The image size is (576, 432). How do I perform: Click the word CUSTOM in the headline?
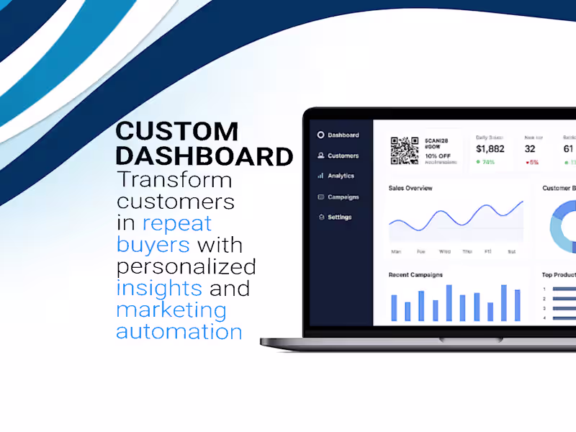[176, 132]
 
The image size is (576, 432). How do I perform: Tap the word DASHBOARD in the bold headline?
[204, 156]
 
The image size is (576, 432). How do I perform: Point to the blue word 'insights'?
[159, 288]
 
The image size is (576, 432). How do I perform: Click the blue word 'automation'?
[179, 331]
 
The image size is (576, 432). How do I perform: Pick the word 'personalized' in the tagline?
[186, 266]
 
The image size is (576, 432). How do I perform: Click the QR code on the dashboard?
[405, 150]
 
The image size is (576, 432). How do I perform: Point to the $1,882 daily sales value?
[490, 148]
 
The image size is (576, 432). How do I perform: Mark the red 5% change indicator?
[532, 162]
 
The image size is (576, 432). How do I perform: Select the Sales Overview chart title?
[410, 188]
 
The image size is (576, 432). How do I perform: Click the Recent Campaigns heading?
[415, 274]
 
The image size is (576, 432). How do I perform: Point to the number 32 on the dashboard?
[530, 148]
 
